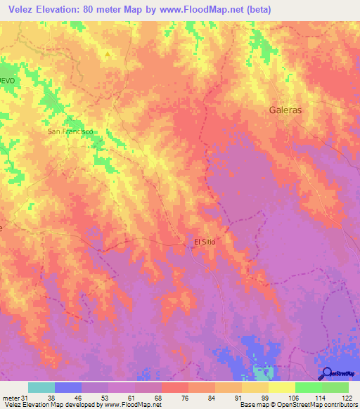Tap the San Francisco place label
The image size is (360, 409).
[70, 131]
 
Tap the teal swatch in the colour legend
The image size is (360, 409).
[41, 388]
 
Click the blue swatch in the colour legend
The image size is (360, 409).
[68, 388]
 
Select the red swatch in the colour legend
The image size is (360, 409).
[175, 388]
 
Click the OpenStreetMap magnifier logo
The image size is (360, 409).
[326, 373]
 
